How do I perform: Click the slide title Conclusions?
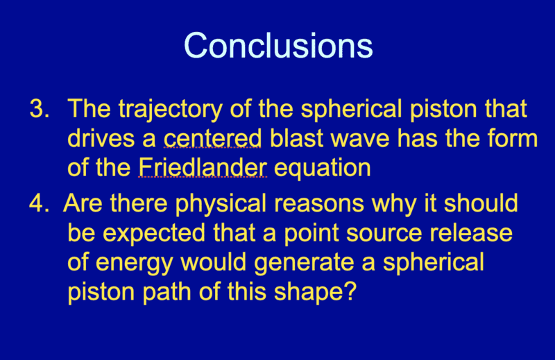click(278, 46)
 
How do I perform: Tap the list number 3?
click(40, 108)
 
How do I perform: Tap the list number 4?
click(39, 203)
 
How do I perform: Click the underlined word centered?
click(212, 138)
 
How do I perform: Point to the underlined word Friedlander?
click(203, 167)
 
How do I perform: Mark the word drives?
click(101, 138)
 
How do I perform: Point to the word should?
click(481, 203)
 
